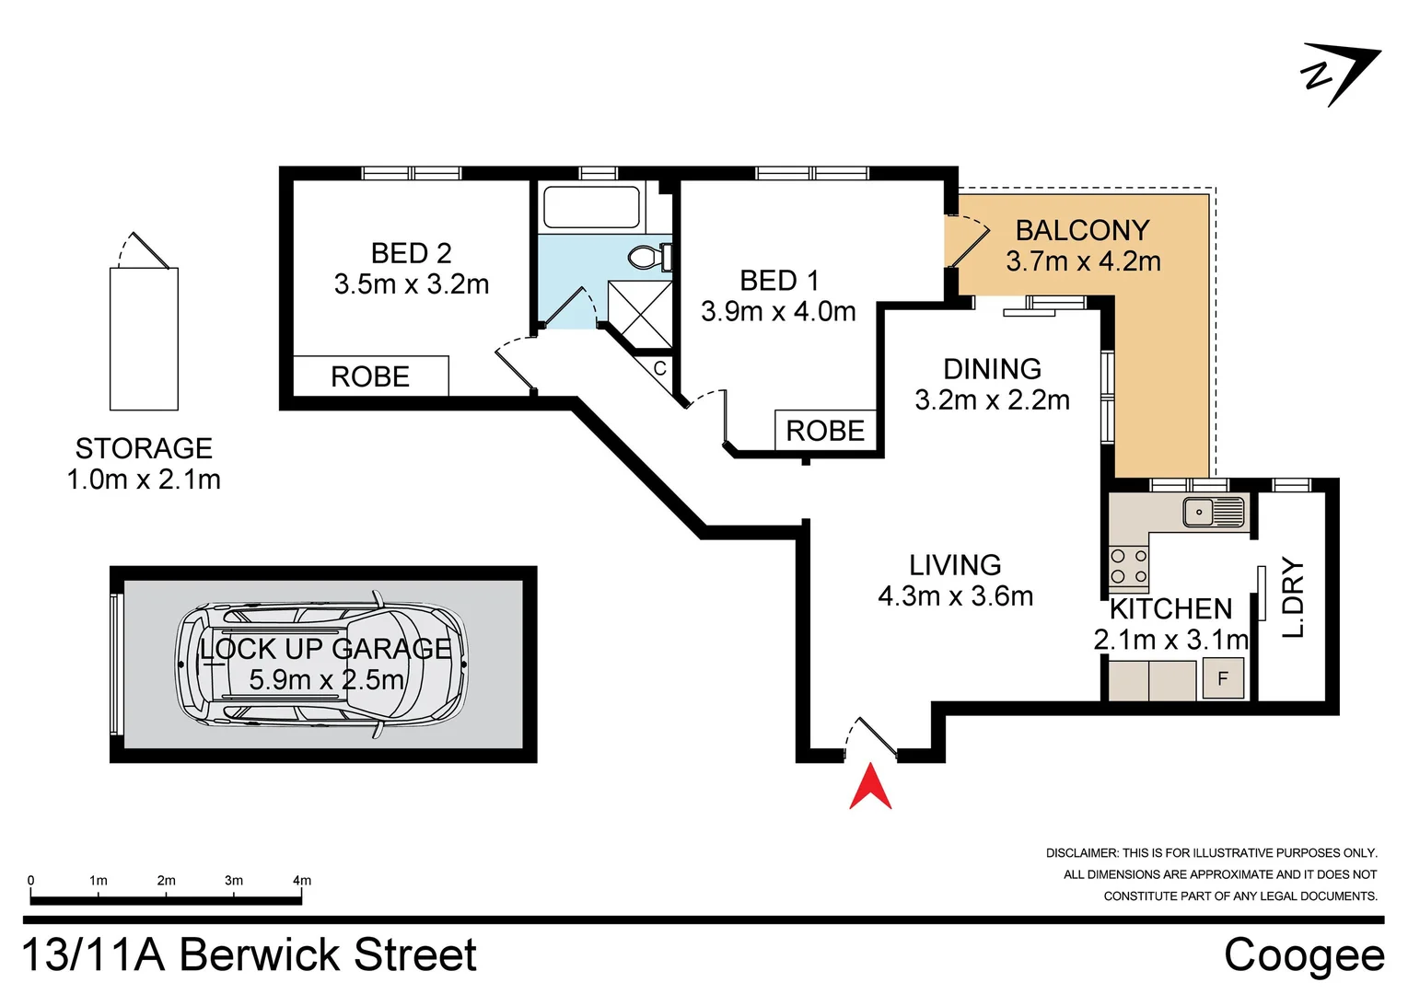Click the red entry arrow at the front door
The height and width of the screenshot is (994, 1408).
(870, 790)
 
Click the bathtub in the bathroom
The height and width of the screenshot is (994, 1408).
(591, 207)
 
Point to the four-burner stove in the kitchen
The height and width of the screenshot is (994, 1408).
(1128, 566)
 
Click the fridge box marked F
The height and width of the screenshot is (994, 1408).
(1223, 679)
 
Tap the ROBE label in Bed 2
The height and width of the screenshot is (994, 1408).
(370, 377)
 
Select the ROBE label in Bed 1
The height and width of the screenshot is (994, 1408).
(825, 431)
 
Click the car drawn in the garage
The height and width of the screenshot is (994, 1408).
(321, 664)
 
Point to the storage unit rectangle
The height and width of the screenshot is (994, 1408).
(144, 339)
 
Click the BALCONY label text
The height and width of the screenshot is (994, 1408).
(1082, 230)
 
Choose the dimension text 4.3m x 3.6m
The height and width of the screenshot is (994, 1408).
(955, 596)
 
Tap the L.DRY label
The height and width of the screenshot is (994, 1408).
(1294, 597)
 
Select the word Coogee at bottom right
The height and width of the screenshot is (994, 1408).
(1304, 955)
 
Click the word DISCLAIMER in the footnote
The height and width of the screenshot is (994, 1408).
(1081, 853)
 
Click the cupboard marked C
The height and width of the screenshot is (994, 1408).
(659, 369)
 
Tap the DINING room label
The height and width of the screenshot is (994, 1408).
(992, 369)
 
